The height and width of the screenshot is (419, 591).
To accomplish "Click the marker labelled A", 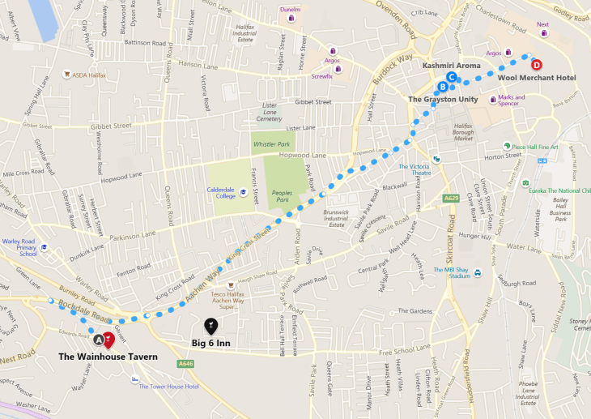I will click(x=99, y=340).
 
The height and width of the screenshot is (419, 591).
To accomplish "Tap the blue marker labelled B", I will click(x=442, y=87).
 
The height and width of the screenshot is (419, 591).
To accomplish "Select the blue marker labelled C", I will click(x=452, y=77).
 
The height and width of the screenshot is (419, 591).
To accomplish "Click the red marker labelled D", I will click(x=537, y=64).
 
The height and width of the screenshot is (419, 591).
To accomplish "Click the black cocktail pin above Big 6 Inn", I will click(x=210, y=326).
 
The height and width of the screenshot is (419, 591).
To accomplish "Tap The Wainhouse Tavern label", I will click(x=107, y=357).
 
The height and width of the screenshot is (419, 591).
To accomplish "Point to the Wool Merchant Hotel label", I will click(x=536, y=78).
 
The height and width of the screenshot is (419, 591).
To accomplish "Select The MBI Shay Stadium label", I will click(x=452, y=273).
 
